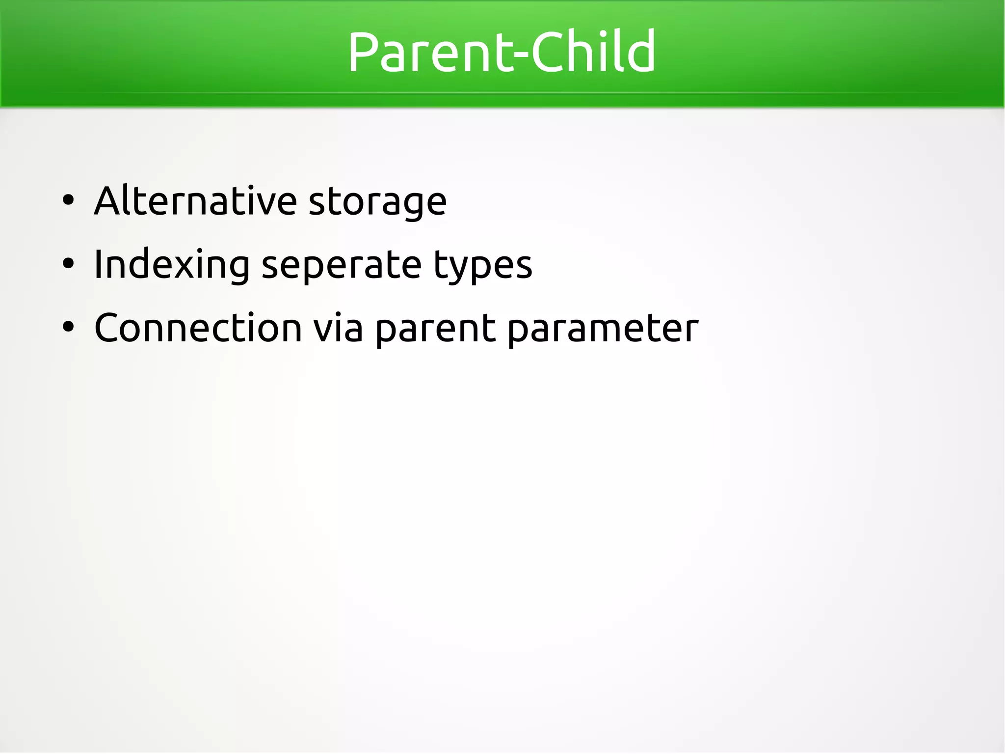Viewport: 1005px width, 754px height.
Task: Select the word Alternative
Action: tap(195, 201)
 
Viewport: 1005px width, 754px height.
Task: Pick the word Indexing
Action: tap(172, 265)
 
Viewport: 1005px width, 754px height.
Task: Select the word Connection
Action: tap(198, 328)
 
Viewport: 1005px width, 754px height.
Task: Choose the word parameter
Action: tap(603, 330)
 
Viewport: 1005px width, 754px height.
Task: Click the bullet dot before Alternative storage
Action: tap(68, 200)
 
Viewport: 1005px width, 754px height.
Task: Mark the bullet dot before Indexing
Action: tap(68, 264)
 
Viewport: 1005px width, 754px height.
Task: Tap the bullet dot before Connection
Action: tap(68, 327)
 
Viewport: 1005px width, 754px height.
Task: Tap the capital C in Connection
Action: tap(109, 328)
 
